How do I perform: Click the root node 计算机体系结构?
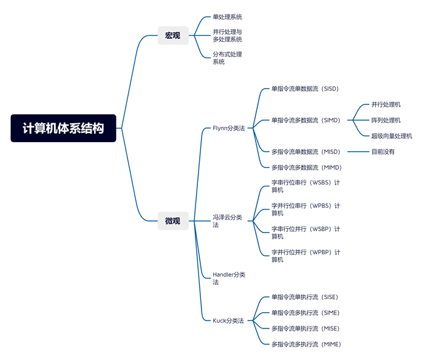click(x=63, y=128)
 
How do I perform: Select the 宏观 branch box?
click(x=172, y=35)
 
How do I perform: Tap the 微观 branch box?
click(x=172, y=221)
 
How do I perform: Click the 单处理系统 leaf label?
click(x=227, y=17)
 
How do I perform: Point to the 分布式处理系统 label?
click(x=227, y=58)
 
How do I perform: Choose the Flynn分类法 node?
click(x=228, y=128)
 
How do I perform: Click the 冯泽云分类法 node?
click(x=227, y=221)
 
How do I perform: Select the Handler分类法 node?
click(x=229, y=278)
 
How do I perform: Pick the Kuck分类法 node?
click(x=228, y=320)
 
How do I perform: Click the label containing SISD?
click(x=304, y=89)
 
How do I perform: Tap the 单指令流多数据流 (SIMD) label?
click(x=305, y=120)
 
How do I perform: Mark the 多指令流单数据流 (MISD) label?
click(x=305, y=152)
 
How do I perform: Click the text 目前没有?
click(x=383, y=152)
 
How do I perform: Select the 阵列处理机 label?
click(x=386, y=120)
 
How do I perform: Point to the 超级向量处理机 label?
click(x=392, y=136)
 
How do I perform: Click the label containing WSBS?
click(x=305, y=186)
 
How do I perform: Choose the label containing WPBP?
click(x=305, y=256)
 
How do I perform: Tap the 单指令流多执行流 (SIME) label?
click(x=304, y=313)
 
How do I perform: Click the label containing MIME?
click(x=305, y=344)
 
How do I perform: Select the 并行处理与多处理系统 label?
click(x=227, y=35)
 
